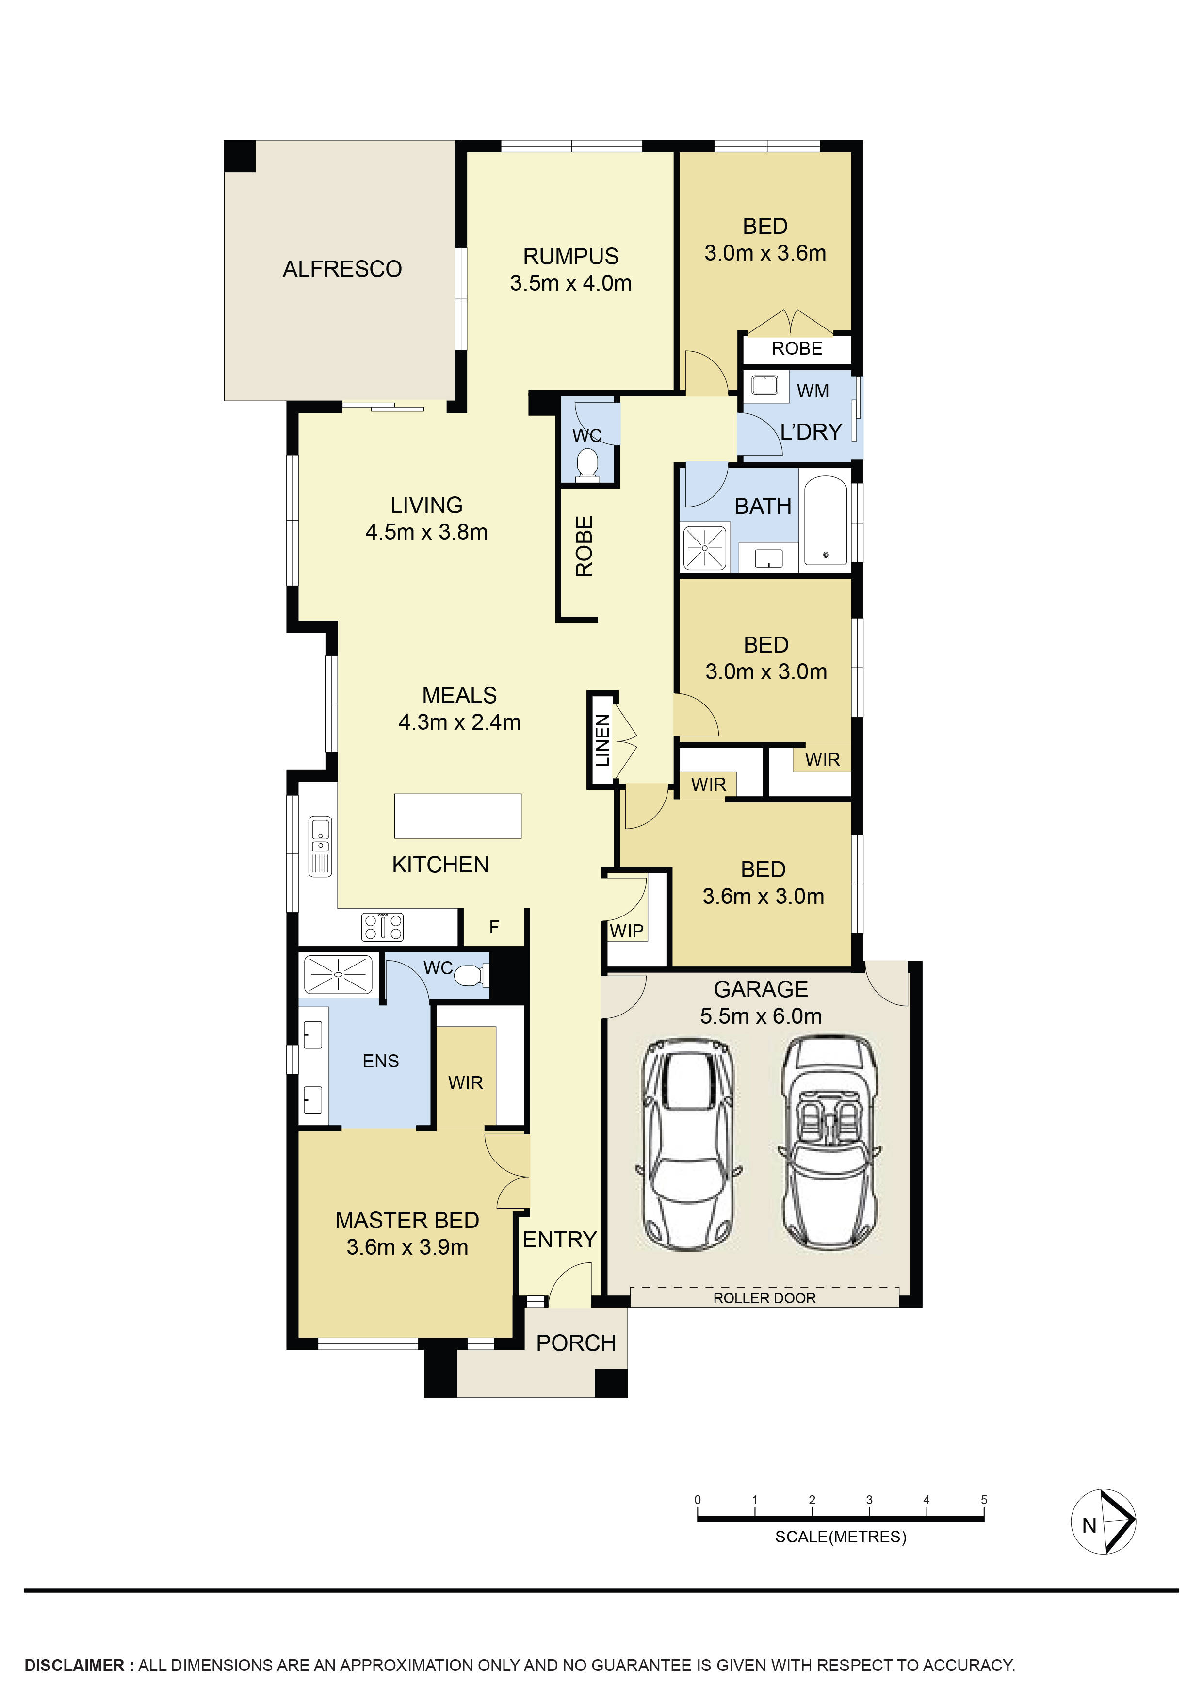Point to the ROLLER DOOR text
(x=764, y=1298)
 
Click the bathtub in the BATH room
(x=825, y=521)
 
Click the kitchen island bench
(x=457, y=816)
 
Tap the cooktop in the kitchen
(x=382, y=927)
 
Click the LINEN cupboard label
(x=602, y=740)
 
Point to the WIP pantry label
(x=626, y=931)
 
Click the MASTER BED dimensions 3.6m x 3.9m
(x=407, y=1247)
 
